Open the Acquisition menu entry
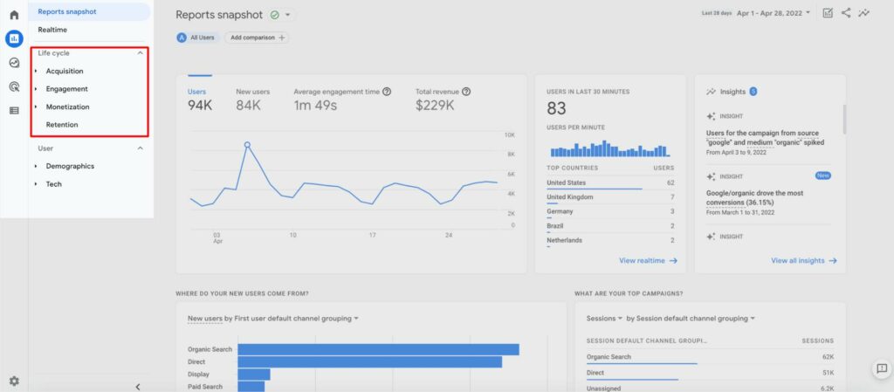(x=64, y=71)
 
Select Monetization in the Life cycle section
(x=67, y=107)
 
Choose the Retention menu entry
(x=61, y=125)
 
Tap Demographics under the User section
(x=70, y=166)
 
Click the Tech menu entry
(x=53, y=184)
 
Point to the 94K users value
(x=200, y=106)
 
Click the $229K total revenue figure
(x=435, y=106)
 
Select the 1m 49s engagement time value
(x=315, y=106)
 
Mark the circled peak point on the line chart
(x=247, y=145)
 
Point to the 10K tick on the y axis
(x=509, y=135)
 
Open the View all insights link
(x=803, y=260)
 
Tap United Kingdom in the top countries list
(x=569, y=197)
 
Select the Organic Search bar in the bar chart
(x=378, y=349)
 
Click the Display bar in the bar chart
(x=253, y=374)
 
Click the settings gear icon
(x=13, y=381)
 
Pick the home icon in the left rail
(x=14, y=15)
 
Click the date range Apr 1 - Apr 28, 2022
(x=772, y=13)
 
